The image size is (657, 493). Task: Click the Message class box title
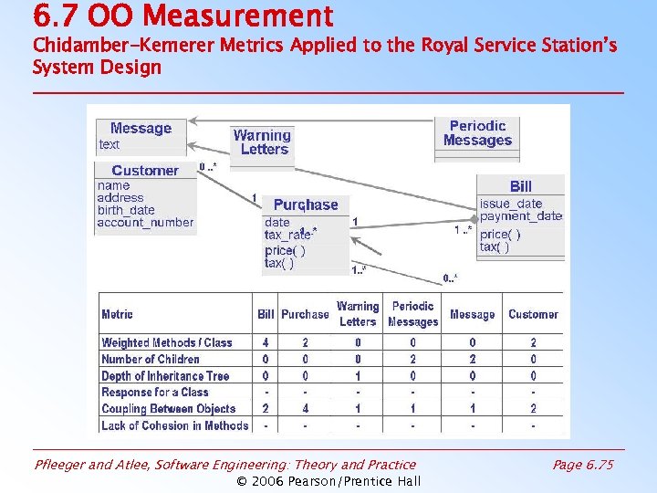coord(141,129)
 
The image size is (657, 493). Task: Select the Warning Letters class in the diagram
coord(263,142)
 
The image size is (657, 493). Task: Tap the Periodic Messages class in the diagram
coord(477,133)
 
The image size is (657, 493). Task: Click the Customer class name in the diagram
coord(145,171)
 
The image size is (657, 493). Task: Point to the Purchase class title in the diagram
coord(306,205)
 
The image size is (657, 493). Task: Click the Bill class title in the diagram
coord(521,186)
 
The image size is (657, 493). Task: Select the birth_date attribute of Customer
coord(126,210)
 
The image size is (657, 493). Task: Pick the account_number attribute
coord(145,222)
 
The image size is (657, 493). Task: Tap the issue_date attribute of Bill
coord(511,204)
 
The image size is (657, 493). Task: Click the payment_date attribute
coord(521,216)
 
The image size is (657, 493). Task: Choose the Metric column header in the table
coord(117,314)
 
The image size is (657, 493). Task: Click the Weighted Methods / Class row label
coord(167,342)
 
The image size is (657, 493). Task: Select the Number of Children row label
coord(151,359)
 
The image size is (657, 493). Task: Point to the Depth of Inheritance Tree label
coord(165,376)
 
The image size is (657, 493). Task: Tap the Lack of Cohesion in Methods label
coord(174,425)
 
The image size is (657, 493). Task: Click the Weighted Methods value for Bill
coord(266,342)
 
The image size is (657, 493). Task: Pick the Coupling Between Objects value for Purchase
coord(305,409)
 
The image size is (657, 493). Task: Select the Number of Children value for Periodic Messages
coord(412,359)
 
